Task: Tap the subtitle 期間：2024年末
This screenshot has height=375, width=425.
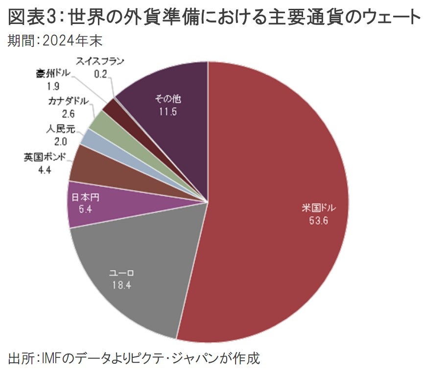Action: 54,41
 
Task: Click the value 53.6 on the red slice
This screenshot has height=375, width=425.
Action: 318,220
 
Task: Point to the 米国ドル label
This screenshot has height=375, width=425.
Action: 318,208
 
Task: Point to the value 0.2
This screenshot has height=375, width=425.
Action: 101,74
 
